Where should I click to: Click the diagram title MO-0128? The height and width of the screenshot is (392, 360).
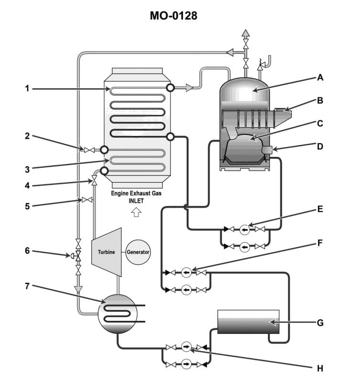point(173,16)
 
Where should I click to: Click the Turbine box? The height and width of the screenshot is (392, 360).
point(106,252)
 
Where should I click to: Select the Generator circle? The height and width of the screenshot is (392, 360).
point(138,252)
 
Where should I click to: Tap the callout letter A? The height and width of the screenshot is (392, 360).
point(320,77)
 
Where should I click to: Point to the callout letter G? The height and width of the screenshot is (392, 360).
point(320,323)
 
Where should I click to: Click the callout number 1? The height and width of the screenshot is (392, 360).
point(28,88)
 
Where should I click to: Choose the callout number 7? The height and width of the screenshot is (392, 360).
point(28,286)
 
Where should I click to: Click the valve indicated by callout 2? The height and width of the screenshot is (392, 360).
point(89,150)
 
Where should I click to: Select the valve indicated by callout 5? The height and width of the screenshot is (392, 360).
point(87,200)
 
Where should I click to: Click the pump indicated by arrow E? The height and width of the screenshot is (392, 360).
point(245,229)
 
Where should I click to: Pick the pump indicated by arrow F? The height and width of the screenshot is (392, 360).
point(187,272)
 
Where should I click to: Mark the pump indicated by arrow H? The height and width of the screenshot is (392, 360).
point(187,347)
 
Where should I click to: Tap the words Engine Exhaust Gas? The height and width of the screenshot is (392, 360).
point(136,194)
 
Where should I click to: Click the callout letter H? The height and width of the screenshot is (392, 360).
point(320,368)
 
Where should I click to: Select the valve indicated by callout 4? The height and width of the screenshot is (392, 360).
point(94,181)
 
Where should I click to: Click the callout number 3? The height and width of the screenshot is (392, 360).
point(28,169)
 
